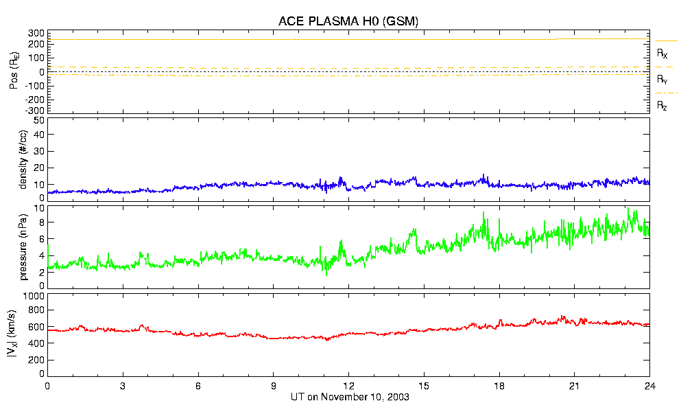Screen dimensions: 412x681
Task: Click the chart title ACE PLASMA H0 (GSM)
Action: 348,22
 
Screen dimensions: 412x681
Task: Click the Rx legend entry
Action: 662,53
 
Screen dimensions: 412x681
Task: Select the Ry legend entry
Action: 662,79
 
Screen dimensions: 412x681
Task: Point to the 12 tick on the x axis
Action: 348,386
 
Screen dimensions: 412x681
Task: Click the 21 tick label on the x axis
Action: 575,386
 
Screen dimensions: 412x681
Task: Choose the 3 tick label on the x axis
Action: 123,386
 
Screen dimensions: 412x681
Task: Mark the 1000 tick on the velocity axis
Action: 33,296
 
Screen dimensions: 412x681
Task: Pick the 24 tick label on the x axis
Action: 649,386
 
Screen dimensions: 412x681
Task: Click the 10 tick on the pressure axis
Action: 38,208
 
